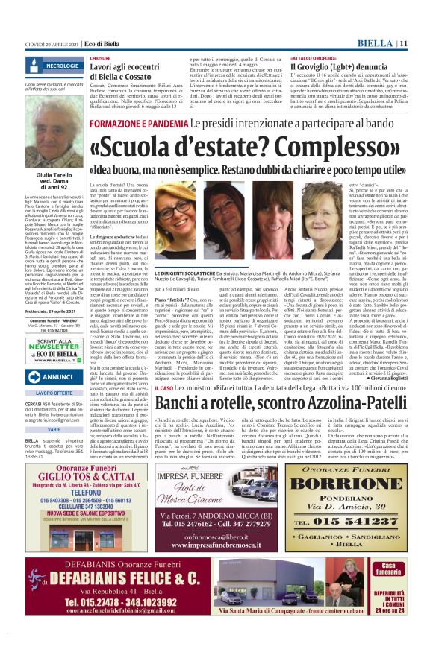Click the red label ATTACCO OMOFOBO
coord(311,57)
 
